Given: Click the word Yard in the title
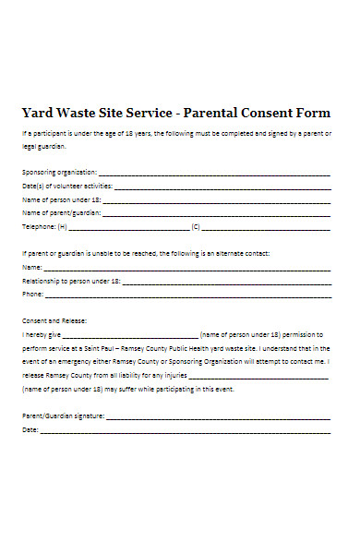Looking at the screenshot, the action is tap(38, 114).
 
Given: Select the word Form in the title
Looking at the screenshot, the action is tap(312, 114).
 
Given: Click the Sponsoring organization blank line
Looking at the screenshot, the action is tap(213, 173).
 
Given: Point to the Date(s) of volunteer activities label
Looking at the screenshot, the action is tap(61, 186).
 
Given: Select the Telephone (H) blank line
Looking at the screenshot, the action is tap(128, 226).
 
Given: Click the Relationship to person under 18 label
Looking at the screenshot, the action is tap(69, 280).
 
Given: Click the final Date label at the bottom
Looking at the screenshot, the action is tap(30, 430).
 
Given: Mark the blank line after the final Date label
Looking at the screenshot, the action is tap(185, 430).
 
